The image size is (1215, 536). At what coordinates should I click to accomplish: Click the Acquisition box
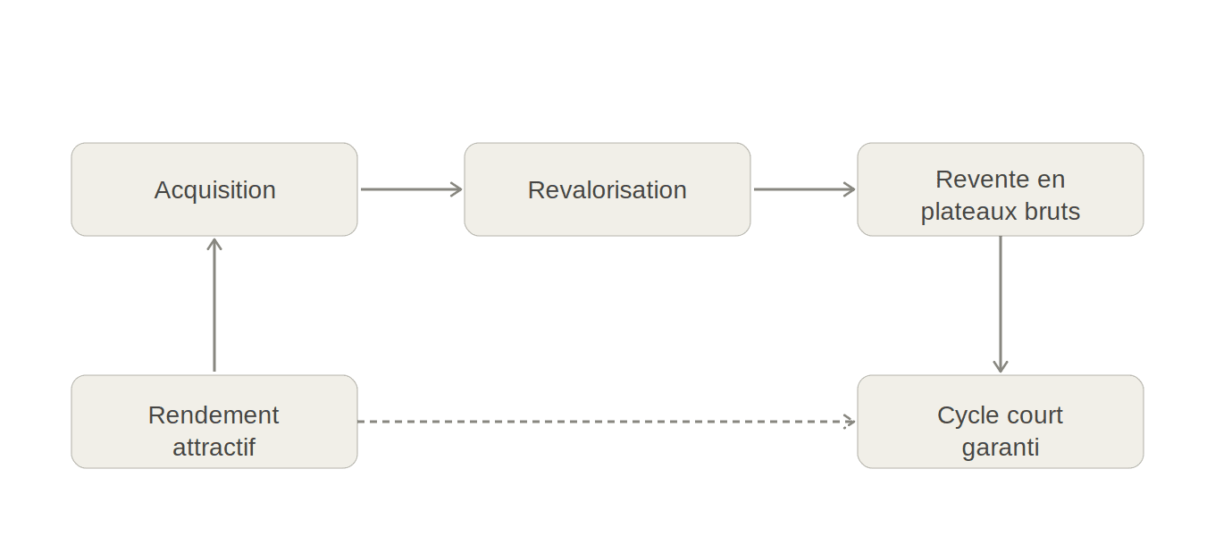[x=214, y=189]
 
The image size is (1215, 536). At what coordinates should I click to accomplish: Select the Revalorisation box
[x=607, y=189]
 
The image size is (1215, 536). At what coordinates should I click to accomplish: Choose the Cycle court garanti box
[x=1001, y=422]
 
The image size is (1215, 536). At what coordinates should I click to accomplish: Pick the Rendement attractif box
[x=214, y=422]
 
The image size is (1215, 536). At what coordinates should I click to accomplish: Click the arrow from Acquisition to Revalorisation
[x=411, y=189]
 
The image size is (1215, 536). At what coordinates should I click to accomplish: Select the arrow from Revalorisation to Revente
[x=804, y=189]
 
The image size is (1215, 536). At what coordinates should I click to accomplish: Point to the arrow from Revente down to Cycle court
[x=1001, y=304]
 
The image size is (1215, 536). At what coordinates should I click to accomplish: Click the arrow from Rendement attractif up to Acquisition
[x=214, y=304]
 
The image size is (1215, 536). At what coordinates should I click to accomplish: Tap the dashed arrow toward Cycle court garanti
[x=607, y=422]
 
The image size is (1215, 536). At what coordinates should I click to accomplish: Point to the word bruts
[x=1053, y=212]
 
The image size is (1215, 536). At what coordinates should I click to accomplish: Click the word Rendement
[x=214, y=415]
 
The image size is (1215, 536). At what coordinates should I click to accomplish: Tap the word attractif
[x=214, y=447]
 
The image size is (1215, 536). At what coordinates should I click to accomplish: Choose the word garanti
[x=1001, y=447]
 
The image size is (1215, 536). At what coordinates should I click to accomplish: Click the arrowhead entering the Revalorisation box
[x=457, y=189]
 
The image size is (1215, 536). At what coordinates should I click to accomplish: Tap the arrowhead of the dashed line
[x=850, y=422]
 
